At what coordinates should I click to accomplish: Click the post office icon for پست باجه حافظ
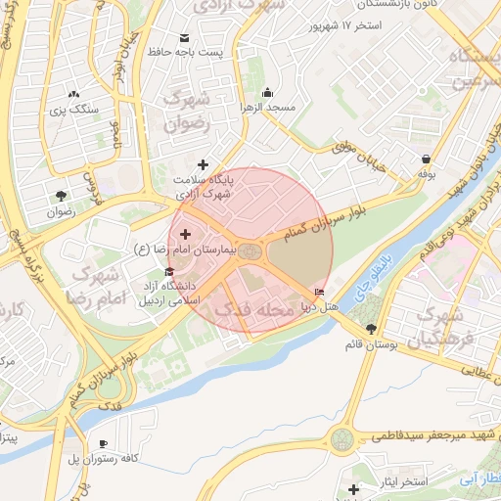pos(184,38)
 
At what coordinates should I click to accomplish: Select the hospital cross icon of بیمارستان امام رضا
pos(186,234)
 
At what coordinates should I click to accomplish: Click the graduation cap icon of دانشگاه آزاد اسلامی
pos(169,271)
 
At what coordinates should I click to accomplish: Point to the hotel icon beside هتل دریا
pos(320,293)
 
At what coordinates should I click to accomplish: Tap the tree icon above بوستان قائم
pos(370,330)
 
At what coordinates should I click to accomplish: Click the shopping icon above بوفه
pos(426,159)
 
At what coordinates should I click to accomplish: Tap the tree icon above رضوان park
pos(63,196)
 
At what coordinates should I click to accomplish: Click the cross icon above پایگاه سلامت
pos(203,164)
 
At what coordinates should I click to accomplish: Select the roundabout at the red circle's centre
pos(250,252)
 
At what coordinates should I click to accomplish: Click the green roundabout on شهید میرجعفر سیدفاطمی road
pos(342,440)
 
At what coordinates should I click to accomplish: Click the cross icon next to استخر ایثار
pos(354,488)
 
